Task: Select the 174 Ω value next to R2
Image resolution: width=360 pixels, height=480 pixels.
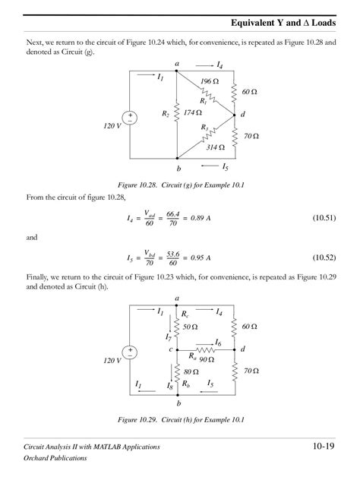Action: [192, 113]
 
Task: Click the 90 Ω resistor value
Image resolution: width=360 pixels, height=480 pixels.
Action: [206, 358]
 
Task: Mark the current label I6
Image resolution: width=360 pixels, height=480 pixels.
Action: [219, 343]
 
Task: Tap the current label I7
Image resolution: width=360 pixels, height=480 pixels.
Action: [169, 336]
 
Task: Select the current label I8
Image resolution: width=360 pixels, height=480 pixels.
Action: [170, 387]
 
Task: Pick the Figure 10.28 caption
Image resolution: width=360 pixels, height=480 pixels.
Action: [179, 185]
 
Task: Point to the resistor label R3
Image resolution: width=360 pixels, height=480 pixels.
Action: [204, 128]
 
